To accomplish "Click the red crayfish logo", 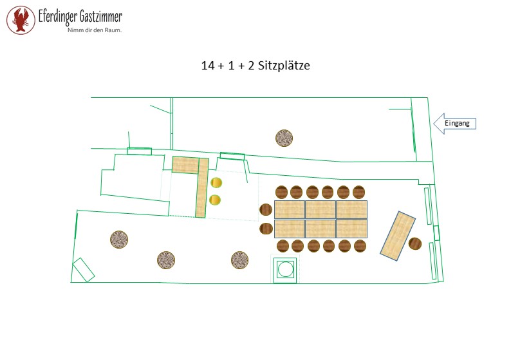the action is click(x=21, y=20).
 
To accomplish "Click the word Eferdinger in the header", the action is click(x=58, y=16).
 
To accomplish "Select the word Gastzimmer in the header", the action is click(x=100, y=15).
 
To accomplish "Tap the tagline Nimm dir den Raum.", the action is click(x=95, y=30).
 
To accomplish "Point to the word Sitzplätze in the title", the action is click(x=284, y=66).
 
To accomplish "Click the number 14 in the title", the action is click(x=208, y=66).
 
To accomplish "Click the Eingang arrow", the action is click(x=454, y=124).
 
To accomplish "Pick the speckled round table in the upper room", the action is click(x=284, y=138).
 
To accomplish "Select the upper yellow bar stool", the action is click(x=216, y=183).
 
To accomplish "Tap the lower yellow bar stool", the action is click(x=215, y=200).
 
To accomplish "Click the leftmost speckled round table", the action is click(x=119, y=240).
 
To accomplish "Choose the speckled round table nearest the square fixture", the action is click(x=239, y=260).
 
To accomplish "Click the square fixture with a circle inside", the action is click(x=285, y=269).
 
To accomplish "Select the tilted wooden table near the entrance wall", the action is click(x=398, y=236).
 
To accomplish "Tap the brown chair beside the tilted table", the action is click(x=415, y=243).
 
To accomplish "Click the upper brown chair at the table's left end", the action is click(x=266, y=209).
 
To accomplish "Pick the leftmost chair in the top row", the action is click(x=282, y=192).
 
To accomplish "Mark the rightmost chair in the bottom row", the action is click(x=360, y=246).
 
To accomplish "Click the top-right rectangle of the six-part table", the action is click(x=352, y=210).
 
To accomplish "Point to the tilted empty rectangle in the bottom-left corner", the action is click(x=83, y=270).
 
